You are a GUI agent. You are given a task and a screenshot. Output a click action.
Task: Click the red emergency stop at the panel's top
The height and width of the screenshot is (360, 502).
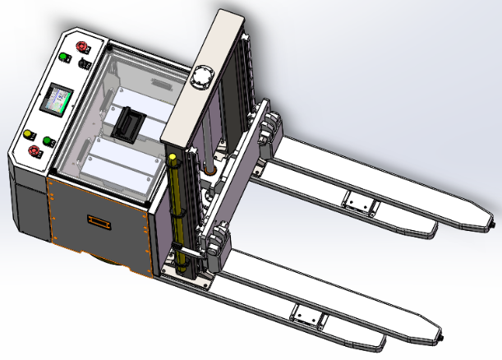(x=81, y=46)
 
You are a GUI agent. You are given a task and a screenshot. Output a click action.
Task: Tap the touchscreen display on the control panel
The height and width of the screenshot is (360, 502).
(x=60, y=101)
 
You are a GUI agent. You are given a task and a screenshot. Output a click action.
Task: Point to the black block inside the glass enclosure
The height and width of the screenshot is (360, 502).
(x=128, y=123)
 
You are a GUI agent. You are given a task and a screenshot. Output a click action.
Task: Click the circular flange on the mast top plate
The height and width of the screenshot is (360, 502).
(x=201, y=79)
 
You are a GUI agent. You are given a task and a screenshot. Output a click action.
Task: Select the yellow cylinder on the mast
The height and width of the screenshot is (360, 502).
(x=174, y=210)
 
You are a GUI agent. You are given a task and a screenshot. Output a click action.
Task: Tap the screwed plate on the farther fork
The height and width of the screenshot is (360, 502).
(x=358, y=201)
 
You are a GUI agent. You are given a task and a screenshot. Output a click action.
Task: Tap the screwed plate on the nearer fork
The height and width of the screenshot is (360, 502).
(x=308, y=313)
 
